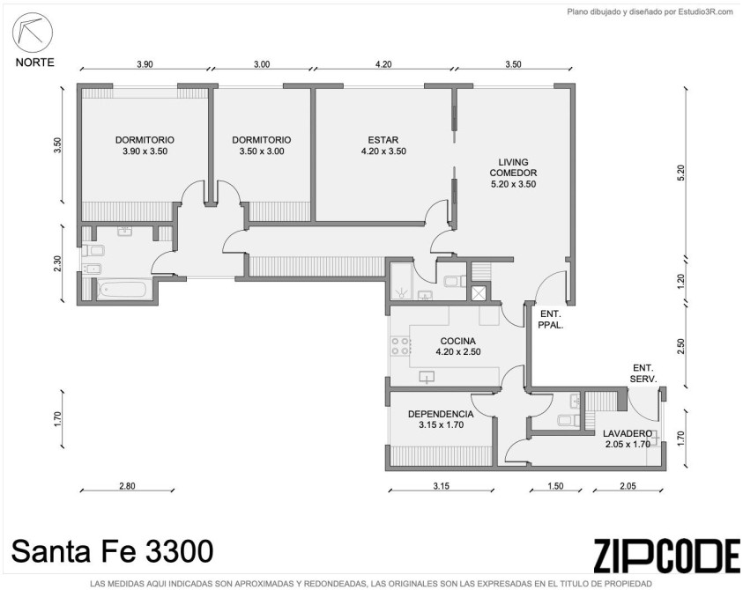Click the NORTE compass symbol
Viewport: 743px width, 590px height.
click(33, 33)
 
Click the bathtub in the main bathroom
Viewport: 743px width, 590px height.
click(124, 290)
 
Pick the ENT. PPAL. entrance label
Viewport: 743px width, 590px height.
click(551, 320)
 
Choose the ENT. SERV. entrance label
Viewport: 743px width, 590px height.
click(643, 373)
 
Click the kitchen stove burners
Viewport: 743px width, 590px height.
click(400, 346)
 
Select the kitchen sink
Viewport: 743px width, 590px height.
click(427, 377)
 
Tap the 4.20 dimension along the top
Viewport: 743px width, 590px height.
click(383, 64)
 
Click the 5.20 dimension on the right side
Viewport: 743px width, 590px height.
click(681, 173)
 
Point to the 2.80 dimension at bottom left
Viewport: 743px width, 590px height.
click(127, 485)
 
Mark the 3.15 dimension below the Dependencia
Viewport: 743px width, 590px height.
click(441, 485)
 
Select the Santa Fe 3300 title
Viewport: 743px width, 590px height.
click(112, 551)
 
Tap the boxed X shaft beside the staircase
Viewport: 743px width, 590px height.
click(479, 292)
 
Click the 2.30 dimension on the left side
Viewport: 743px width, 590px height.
click(57, 263)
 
